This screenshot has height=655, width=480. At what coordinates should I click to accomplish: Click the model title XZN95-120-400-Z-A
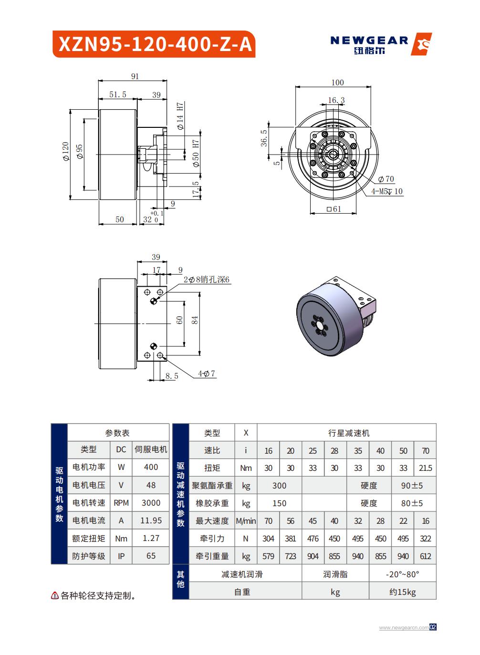(x=156, y=44)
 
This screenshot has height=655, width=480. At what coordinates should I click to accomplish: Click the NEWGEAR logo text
(x=369, y=41)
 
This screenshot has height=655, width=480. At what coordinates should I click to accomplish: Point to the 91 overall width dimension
(x=135, y=76)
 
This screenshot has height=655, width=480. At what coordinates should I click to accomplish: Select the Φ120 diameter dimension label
(x=65, y=151)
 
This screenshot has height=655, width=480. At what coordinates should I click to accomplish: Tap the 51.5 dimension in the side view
(x=118, y=94)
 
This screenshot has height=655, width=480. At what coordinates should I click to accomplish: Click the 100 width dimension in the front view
(x=337, y=83)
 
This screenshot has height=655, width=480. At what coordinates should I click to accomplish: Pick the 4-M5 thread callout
(x=387, y=191)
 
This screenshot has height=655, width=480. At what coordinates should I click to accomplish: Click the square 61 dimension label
(x=334, y=209)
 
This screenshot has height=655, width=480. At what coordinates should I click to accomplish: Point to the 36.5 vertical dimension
(x=264, y=138)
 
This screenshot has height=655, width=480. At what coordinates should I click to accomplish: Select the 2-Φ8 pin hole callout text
(x=207, y=280)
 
